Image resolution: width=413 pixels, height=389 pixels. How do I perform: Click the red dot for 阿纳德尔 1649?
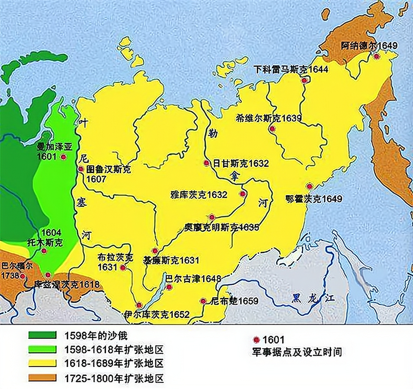pos(376,57)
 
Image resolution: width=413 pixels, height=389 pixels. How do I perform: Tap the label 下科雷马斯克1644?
pos(291,70)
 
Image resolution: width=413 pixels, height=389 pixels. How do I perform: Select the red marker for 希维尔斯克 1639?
pos(272,129)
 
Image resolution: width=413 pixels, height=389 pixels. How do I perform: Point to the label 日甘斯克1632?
pos(241,164)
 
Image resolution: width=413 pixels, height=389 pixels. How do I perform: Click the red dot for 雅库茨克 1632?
pos(243,194)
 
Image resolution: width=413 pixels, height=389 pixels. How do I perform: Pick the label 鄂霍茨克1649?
pos(314,199)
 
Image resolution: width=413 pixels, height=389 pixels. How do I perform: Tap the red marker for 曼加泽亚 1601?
pos(63,157)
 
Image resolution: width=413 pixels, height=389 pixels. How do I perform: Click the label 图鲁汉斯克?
pos(109,169)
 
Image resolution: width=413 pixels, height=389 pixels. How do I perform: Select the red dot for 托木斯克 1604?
pos(44,251)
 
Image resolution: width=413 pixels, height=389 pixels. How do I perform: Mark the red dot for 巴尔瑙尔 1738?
pos(22,276)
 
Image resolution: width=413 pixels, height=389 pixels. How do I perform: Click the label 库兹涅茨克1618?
pos(66,284)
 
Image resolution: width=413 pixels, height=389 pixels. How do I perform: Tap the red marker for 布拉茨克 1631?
pos(123,268)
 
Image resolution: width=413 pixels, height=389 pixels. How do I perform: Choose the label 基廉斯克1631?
pos(171,260)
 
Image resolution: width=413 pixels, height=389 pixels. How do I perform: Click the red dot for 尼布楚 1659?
pos(203,301)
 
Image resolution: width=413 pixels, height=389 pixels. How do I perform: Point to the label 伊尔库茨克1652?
pos(157,314)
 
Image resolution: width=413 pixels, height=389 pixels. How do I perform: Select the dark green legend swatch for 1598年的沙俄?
pos(42,335)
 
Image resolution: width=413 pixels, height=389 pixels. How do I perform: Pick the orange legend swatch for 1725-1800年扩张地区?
pos(42,378)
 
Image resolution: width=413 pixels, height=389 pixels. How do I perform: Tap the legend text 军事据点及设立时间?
pos(297,352)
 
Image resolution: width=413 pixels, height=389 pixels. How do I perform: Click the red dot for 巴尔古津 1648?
pos(169,287)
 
